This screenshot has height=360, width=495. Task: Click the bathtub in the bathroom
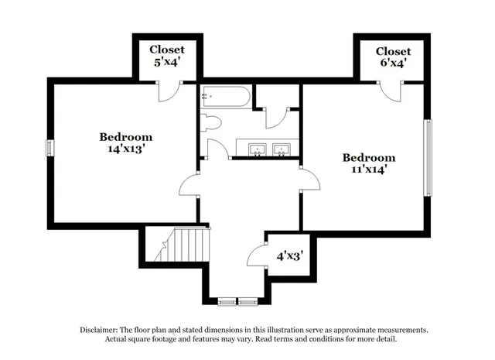point(226,98)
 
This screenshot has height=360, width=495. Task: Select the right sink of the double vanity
point(281,149)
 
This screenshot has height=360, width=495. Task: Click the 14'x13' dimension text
point(126,149)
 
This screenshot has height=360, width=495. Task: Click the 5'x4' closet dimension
point(168,62)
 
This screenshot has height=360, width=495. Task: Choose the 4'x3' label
point(290,254)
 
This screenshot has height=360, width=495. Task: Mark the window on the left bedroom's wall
point(49,147)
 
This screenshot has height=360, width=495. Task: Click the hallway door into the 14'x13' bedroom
point(188,184)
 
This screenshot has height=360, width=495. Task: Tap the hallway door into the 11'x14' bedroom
point(309,180)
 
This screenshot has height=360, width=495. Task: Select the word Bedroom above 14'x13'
point(125,137)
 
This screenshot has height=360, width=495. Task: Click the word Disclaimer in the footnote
point(104,329)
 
